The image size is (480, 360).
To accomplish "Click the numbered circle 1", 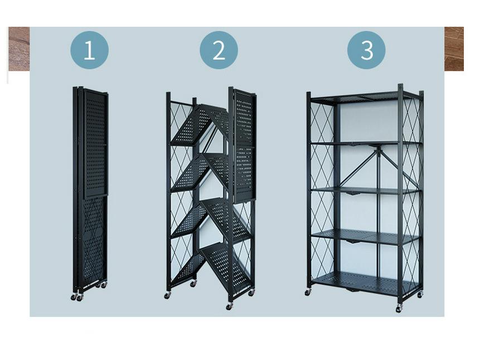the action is point(89,50).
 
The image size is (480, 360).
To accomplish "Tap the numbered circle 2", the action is point(219,50).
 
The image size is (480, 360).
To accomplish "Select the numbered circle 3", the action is point(366,50).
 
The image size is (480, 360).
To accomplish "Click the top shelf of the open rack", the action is point(364,97).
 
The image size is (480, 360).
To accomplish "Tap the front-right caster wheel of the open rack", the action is point(399,309).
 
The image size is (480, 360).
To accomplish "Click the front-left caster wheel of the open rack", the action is point(308,293).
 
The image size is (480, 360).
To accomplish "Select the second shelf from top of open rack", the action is point(364,143).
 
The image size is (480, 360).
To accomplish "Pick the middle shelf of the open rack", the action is point(364,191).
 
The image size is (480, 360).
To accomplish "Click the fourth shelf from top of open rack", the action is point(364,236).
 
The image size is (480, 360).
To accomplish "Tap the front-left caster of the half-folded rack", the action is point(167,295).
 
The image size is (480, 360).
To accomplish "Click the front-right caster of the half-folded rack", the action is point(229,306).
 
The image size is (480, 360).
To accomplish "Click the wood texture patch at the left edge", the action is point(19,49).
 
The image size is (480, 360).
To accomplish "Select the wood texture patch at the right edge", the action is point(454,49).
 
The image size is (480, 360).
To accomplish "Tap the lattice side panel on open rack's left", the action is point(322,190).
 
